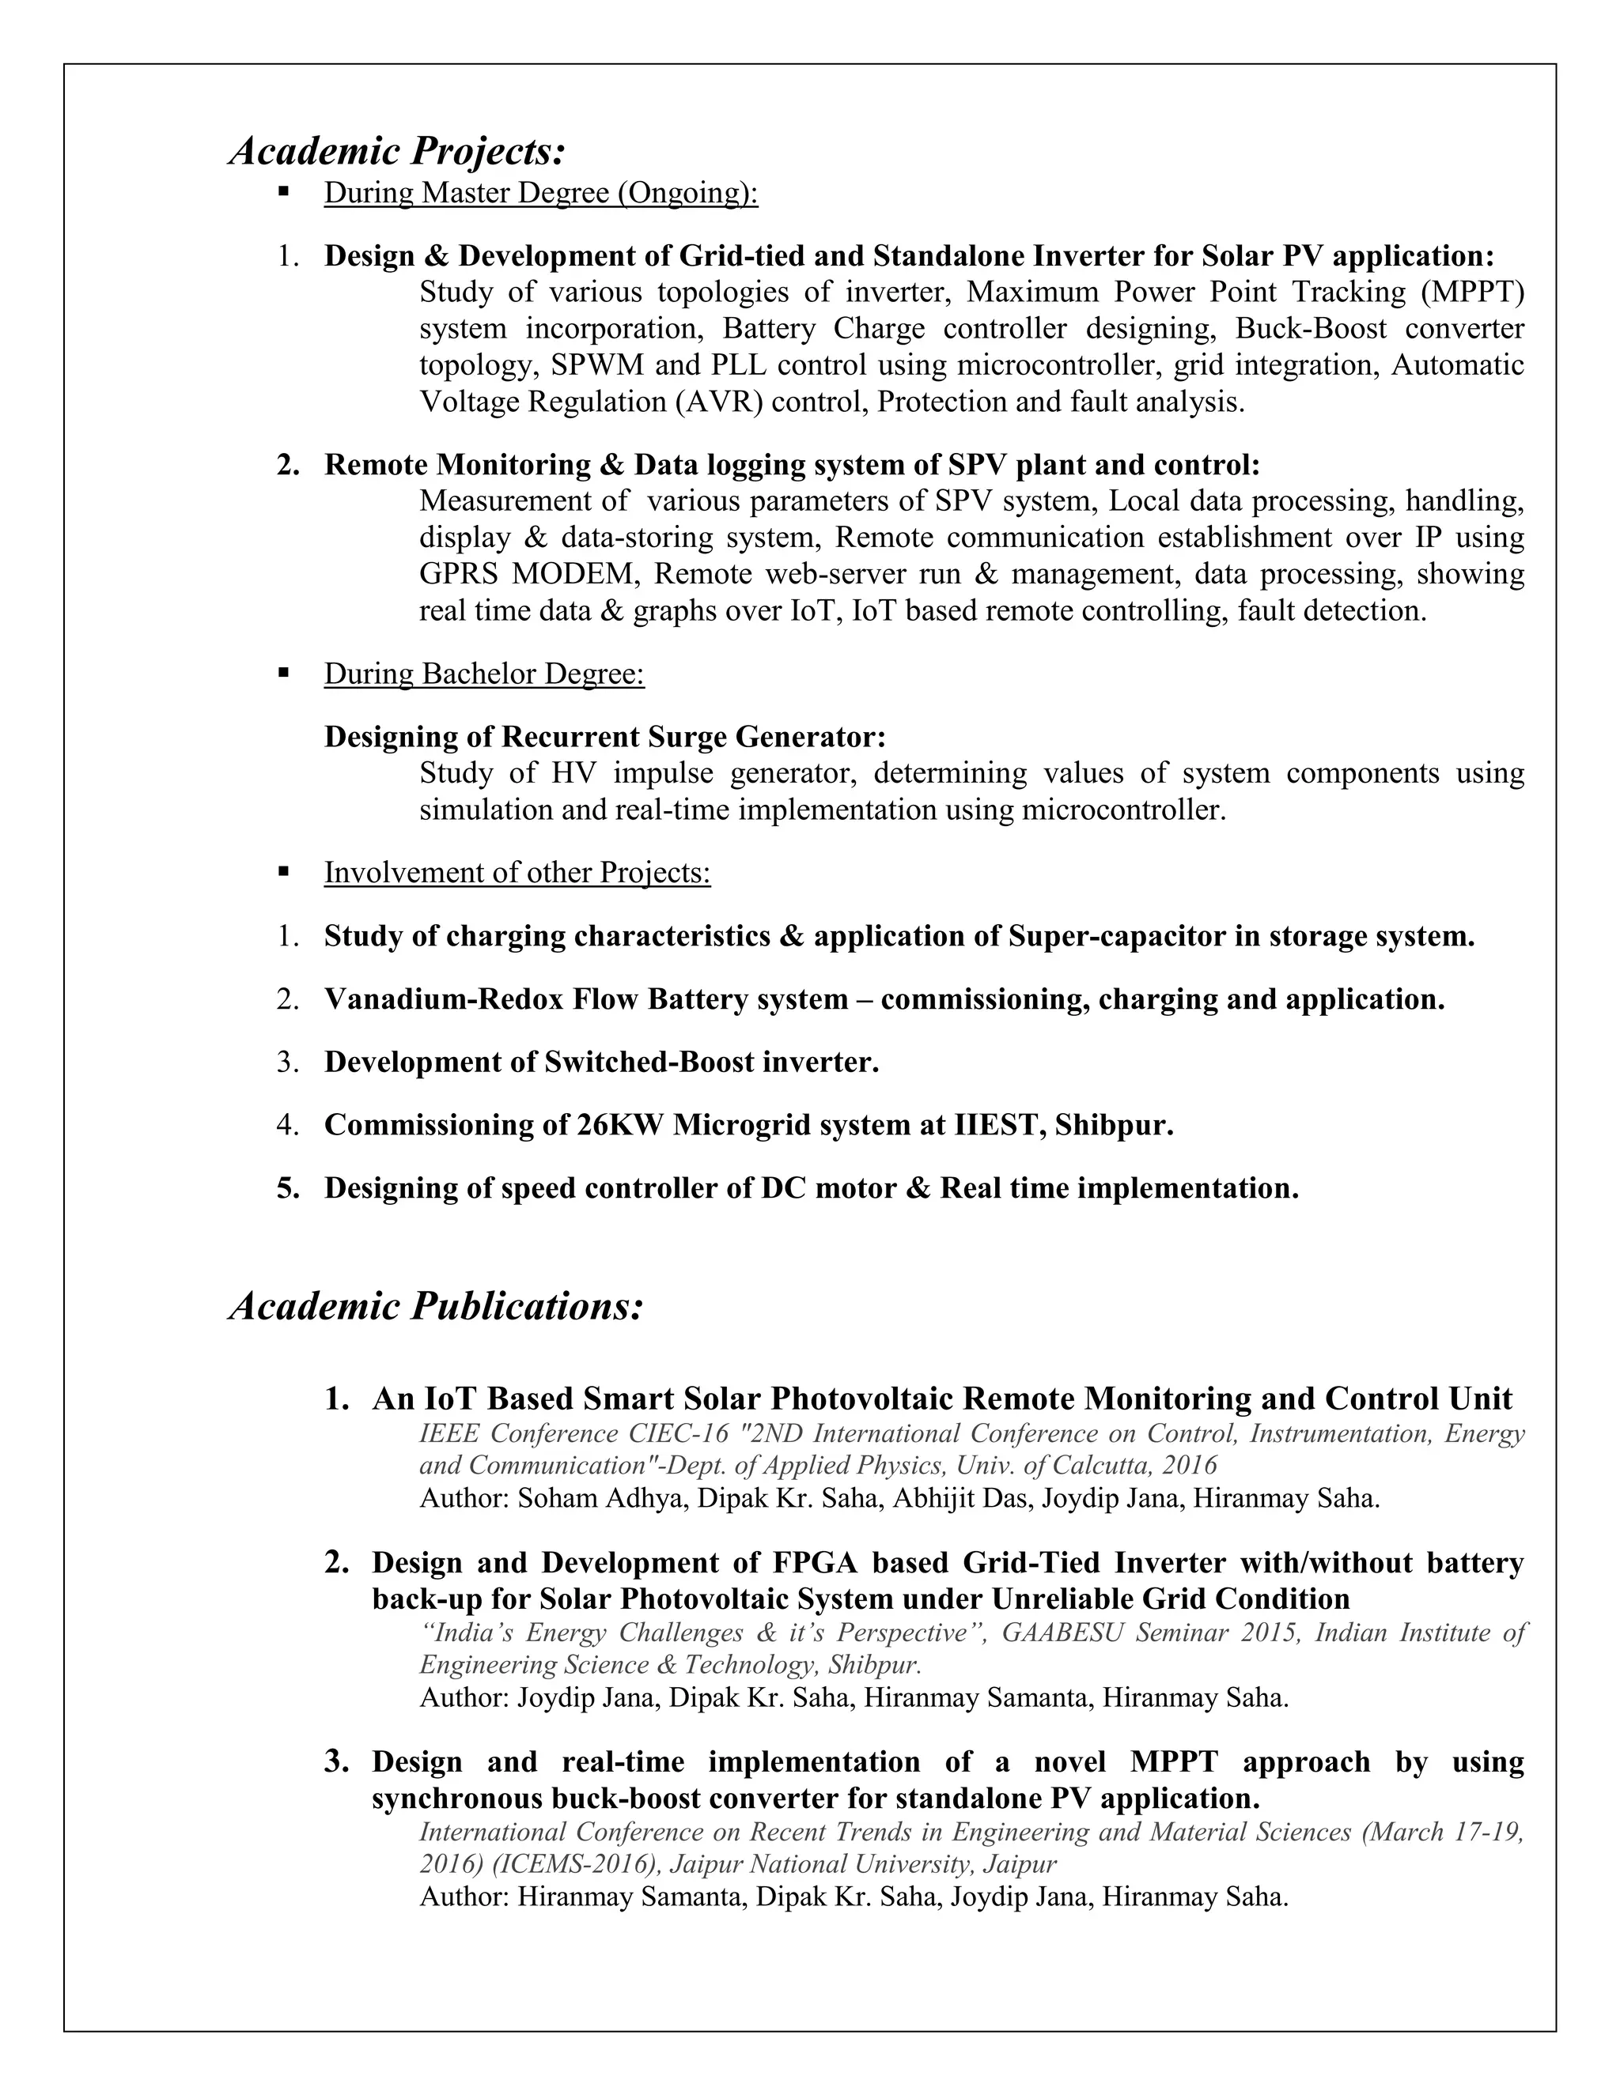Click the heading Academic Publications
[436, 1307]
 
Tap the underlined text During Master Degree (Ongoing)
[540, 193]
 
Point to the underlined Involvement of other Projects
[517, 873]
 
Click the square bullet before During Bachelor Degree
[283, 674]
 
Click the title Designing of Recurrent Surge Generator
[604, 737]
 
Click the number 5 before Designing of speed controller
[285, 1188]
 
